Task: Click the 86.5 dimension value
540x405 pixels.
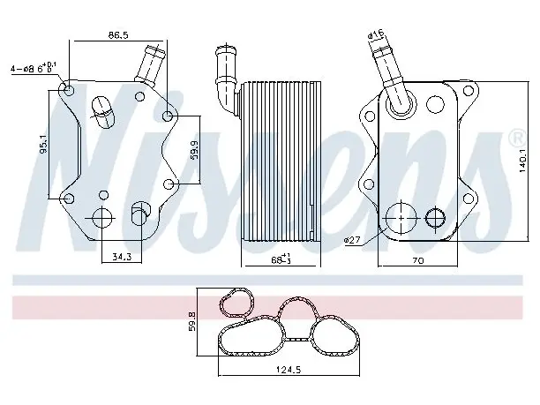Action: click(x=118, y=34)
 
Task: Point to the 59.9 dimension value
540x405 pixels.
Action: click(x=195, y=149)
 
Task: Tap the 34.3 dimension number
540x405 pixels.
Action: click(x=122, y=257)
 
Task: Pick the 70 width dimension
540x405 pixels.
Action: click(x=417, y=261)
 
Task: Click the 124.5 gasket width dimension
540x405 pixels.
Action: click(x=289, y=370)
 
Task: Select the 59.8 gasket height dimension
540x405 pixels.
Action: click(x=192, y=322)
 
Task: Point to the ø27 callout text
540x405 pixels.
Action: click(x=352, y=240)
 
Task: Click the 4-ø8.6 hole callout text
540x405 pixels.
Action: click(x=34, y=68)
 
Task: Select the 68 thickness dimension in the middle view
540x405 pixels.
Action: click(x=281, y=259)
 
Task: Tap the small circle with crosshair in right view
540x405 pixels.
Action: click(x=435, y=218)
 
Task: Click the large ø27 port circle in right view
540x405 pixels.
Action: click(x=401, y=218)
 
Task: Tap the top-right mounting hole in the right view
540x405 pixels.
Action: click(x=468, y=91)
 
